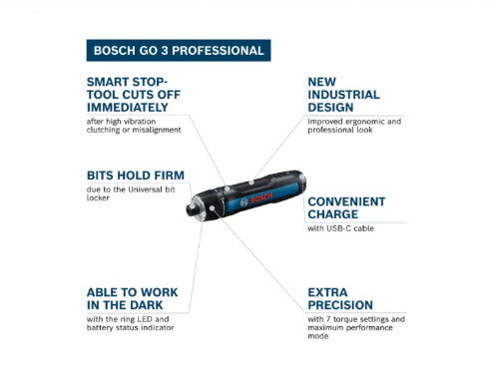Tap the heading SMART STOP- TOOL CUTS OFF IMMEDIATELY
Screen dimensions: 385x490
click(x=141, y=94)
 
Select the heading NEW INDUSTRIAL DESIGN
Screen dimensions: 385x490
click(x=342, y=94)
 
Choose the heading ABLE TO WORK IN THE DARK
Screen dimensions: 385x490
click(x=141, y=298)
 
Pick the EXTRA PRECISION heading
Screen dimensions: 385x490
click(x=340, y=298)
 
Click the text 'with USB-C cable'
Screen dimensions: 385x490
click(x=341, y=228)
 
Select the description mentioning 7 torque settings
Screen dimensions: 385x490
click(x=355, y=325)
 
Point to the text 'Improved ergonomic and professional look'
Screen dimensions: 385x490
click(x=353, y=126)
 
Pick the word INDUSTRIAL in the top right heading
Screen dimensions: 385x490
click(x=343, y=94)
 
